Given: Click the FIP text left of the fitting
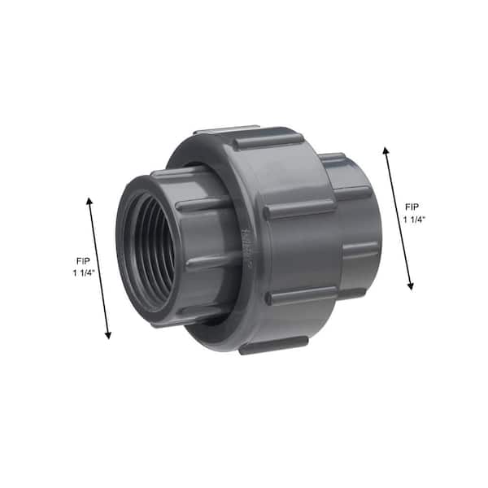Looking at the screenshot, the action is click(83, 261).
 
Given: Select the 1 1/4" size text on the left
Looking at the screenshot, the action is click(84, 273).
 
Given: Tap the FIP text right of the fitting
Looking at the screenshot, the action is click(412, 207).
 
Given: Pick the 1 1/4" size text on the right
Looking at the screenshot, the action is click(414, 220).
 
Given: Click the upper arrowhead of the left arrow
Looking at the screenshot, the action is click(89, 202).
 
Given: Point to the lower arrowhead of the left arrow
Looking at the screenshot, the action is click(108, 335).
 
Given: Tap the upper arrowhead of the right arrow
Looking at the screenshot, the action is click(386, 151).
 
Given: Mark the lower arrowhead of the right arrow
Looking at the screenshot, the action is click(411, 286).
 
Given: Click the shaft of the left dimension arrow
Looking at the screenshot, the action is click(98, 268).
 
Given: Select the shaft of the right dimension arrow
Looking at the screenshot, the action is click(399, 219).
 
